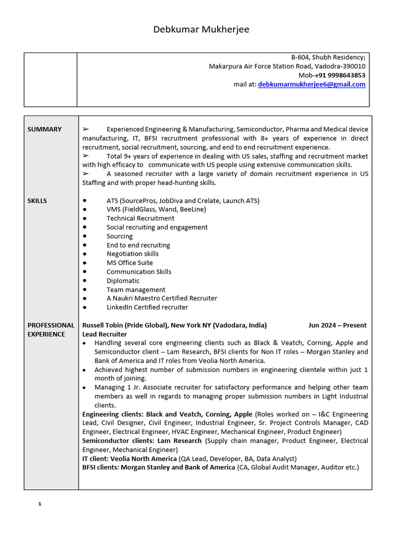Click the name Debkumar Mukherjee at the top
pyautogui.click(x=201, y=29)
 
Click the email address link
pyautogui.click(x=312, y=84)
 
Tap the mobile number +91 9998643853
pyautogui.click(x=340, y=75)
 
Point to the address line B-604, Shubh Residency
pyautogui.click(x=328, y=57)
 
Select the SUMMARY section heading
pyautogui.click(x=45, y=129)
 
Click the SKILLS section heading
pyautogui.click(x=37, y=201)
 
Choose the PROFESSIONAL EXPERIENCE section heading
pyautogui.click(x=51, y=329)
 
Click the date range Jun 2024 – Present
pyautogui.click(x=337, y=325)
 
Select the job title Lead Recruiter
pyautogui.click(x=104, y=334)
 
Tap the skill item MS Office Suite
pyautogui.click(x=130, y=263)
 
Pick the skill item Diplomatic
pyautogui.click(x=123, y=281)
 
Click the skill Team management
pyautogui.click(x=135, y=289)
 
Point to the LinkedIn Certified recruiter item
pyautogui.click(x=147, y=307)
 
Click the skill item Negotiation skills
pyautogui.click(x=132, y=254)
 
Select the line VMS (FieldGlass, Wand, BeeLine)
pyautogui.click(x=156, y=209)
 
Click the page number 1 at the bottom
pyautogui.click(x=39, y=504)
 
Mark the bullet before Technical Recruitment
pyautogui.click(x=85, y=218)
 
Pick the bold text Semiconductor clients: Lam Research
pyautogui.click(x=142, y=441)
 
